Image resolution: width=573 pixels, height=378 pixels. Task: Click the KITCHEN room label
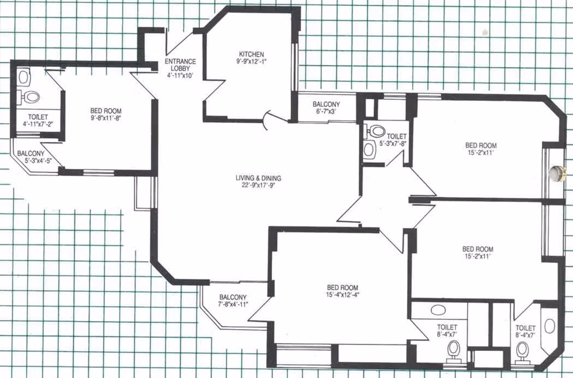tap(251, 54)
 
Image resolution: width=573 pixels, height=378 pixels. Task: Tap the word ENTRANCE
tap(180, 61)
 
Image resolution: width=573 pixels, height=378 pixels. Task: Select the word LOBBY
tap(180, 68)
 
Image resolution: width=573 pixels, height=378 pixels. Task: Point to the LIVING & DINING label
tap(258, 178)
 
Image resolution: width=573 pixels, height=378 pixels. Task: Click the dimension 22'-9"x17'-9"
tap(258, 185)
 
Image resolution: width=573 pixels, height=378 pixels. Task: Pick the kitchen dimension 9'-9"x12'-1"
tap(251, 61)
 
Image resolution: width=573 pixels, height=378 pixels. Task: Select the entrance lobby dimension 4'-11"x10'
tap(179, 75)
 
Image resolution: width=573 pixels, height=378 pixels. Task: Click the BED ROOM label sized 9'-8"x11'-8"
tap(106, 111)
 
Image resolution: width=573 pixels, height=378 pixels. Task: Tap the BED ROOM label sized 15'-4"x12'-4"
tap(342, 287)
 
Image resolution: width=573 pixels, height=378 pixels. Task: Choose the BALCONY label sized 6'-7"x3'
tap(327, 104)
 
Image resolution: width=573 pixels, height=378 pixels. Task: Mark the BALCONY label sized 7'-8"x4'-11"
tap(233, 297)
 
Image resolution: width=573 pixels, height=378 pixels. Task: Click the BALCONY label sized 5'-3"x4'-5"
tap(31, 154)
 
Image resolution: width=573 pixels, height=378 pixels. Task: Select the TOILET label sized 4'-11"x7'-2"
tap(38, 117)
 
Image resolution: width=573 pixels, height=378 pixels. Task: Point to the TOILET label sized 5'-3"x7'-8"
tap(397, 137)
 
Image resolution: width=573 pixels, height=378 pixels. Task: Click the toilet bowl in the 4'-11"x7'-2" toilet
tap(30, 97)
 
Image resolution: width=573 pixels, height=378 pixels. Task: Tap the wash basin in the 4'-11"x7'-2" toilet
tap(24, 77)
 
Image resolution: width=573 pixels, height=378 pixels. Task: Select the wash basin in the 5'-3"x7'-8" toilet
tap(369, 149)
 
